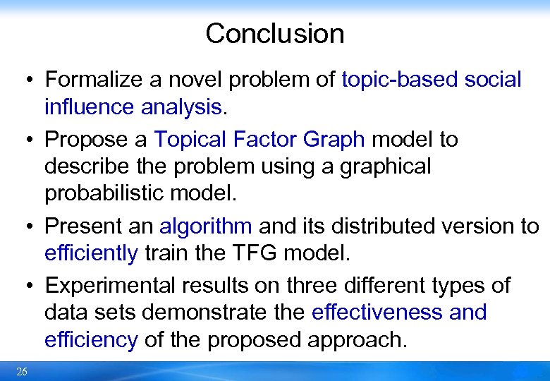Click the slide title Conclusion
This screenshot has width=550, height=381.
[274, 34]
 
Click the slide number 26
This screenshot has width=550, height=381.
[22, 372]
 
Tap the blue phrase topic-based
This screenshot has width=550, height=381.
[399, 80]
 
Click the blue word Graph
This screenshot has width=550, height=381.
[334, 140]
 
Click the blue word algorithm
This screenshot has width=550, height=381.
[205, 226]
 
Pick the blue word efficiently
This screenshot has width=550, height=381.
[91, 253]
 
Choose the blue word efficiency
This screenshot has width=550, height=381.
[91, 339]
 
